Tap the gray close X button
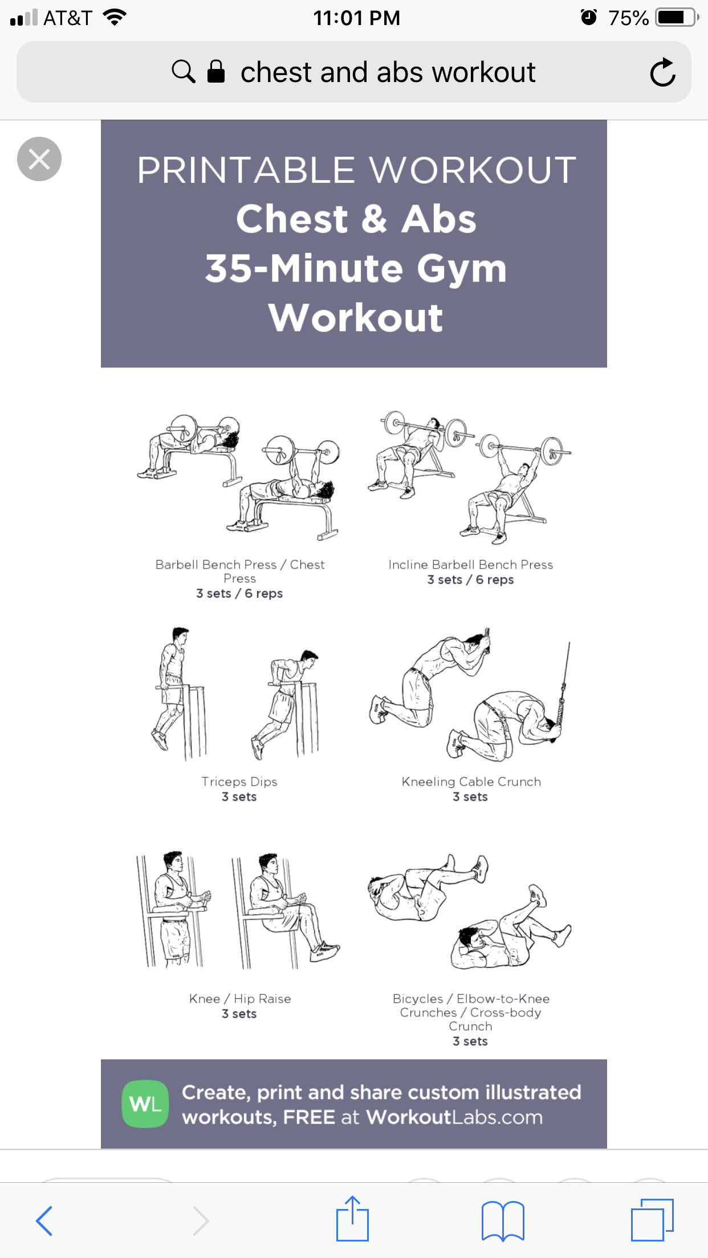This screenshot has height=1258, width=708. (x=39, y=159)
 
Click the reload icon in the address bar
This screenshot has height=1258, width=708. (x=662, y=72)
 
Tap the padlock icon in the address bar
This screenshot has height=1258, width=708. (x=216, y=72)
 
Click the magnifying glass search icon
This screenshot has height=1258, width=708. (x=184, y=72)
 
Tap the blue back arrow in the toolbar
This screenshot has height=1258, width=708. (x=44, y=1220)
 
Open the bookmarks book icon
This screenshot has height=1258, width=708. (x=503, y=1220)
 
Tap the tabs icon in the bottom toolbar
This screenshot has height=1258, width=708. (x=652, y=1220)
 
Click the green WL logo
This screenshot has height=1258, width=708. (x=145, y=1104)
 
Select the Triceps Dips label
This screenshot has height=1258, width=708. (x=239, y=782)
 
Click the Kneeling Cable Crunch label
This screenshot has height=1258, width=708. (x=471, y=782)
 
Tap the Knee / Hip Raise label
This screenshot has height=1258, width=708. (x=240, y=999)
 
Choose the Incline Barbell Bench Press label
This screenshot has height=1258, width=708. (x=471, y=565)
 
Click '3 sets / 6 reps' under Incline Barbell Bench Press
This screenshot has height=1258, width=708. (x=471, y=580)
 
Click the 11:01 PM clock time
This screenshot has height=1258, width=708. (x=357, y=18)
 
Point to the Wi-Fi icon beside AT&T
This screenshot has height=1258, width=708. (x=115, y=17)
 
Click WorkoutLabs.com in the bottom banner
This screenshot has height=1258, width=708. (x=454, y=1117)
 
